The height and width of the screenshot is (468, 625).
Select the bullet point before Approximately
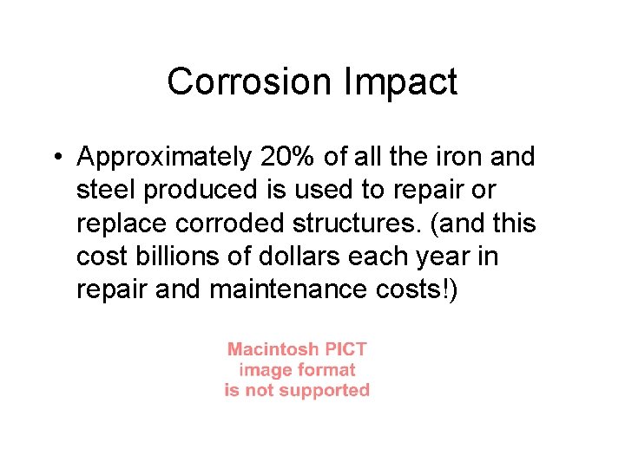tap(56, 157)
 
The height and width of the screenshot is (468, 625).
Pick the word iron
tap(451, 157)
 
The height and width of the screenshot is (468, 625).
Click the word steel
tap(108, 190)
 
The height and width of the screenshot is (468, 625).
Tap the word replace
tap(122, 223)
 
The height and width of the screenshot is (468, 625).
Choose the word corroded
tap(228, 223)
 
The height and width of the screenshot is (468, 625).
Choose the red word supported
tap(325, 390)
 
